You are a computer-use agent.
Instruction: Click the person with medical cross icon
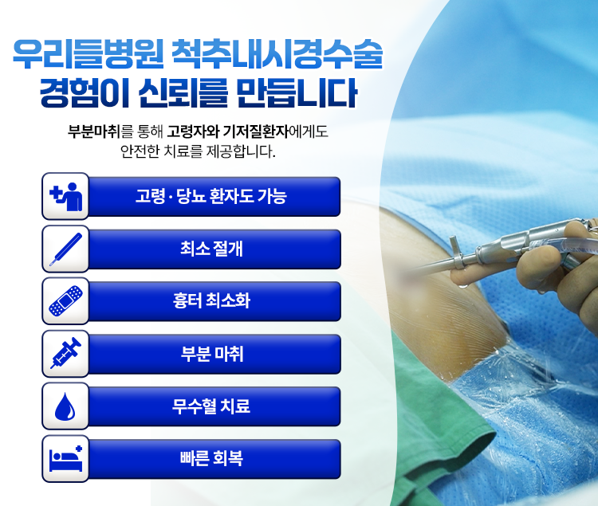point(66,196)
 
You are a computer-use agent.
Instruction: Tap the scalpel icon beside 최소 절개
point(65,249)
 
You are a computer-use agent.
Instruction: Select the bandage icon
point(65,301)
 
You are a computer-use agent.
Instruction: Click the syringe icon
point(65,353)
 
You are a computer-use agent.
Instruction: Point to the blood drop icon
point(65,406)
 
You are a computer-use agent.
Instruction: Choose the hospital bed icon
point(66,458)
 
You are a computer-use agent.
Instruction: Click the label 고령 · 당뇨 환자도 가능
point(211,196)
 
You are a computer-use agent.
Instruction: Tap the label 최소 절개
point(211,249)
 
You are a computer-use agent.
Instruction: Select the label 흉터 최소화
point(211,300)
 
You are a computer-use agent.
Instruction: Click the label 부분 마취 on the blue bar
point(211,353)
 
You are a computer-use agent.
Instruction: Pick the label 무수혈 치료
point(211,406)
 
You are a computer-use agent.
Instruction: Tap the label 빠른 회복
point(211,458)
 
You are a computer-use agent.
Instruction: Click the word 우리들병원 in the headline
point(88,53)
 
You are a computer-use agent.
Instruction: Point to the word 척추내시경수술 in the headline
point(277,53)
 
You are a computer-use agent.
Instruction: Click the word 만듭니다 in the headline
point(297,93)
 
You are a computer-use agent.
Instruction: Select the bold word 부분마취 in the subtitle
point(94,131)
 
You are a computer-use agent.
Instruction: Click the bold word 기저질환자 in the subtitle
point(255,131)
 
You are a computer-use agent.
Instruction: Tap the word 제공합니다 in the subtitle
point(241,151)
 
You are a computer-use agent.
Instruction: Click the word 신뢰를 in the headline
point(183,93)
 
